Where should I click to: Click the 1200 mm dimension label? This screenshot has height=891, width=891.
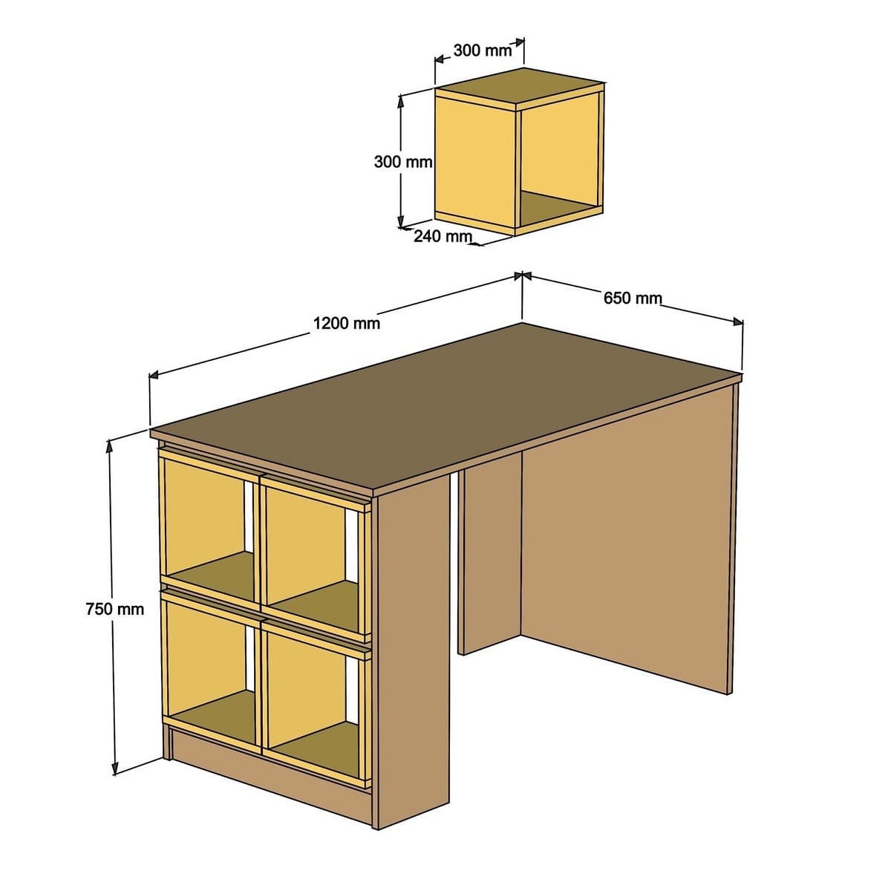(346, 323)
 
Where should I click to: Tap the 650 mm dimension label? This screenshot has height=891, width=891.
(632, 298)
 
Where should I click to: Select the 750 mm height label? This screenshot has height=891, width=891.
(114, 609)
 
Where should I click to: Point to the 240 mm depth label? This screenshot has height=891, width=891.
(443, 236)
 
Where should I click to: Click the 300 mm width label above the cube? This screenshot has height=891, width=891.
(482, 50)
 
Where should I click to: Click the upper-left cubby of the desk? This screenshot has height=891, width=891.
(206, 520)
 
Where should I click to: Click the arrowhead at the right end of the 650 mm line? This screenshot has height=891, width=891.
(738, 322)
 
